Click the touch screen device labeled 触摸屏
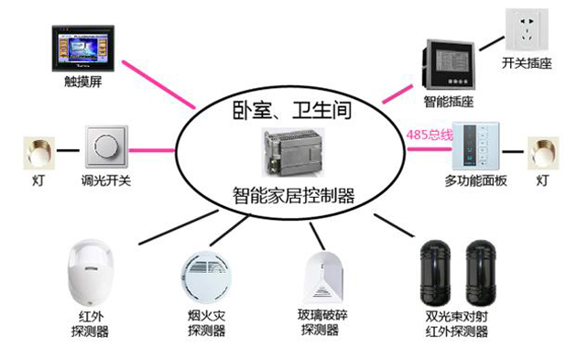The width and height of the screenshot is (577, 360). point(83,49)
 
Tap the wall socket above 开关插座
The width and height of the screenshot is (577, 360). point(527,29)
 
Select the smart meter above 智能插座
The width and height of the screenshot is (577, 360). point(448,64)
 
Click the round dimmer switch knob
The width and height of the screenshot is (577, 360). point(107,147)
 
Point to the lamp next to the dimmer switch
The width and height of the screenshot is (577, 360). point(39,153)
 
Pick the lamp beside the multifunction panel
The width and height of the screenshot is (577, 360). point(543,153)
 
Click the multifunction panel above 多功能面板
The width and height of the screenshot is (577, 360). point(475,147)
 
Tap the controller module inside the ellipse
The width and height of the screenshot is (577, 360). point(293,152)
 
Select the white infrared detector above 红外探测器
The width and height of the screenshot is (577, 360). point(91,273)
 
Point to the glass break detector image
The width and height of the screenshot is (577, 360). point(324,277)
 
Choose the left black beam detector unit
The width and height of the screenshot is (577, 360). point(435,273)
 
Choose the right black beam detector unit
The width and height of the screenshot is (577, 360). point(481,273)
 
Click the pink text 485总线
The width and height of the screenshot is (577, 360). point(430,135)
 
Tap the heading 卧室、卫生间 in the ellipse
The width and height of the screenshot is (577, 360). point(292,110)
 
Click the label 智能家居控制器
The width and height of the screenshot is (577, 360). point(293,195)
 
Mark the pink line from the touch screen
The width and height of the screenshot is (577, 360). point(159,84)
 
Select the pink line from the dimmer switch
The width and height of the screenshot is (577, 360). point(151,150)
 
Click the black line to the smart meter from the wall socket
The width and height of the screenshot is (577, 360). point(492,43)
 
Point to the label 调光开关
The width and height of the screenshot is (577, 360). point(106,180)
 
